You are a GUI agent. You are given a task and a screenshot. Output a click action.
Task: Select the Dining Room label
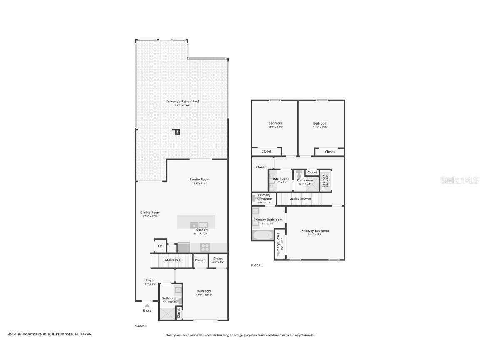point(150,212)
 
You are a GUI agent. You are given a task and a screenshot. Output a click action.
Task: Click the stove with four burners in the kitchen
point(205,247)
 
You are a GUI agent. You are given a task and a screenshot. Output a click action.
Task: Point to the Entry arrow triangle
point(147,305)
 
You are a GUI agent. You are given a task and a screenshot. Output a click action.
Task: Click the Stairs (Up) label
point(173,260)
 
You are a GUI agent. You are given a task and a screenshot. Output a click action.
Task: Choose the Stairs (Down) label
point(300,199)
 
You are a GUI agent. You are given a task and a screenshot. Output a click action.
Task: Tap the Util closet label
point(160,246)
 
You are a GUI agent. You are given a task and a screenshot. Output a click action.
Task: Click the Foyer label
point(150,280)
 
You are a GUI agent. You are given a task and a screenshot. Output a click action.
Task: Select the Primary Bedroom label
point(315,231)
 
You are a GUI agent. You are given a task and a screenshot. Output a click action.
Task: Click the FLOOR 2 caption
point(257,265)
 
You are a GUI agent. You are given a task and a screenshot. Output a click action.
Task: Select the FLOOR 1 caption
point(140,325)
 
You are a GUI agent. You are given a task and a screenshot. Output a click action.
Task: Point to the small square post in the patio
point(177,132)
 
